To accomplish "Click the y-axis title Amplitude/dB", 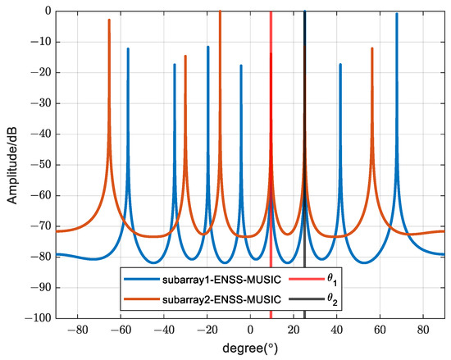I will (x=11, y=164).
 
